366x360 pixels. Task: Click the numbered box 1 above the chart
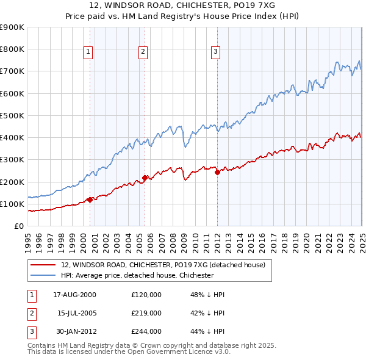pyautogui.click(x=88, y=52)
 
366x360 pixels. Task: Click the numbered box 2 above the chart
pyautogui.click(x=143, y=52)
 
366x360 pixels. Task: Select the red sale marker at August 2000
pyautogui.click(x=90, y=199)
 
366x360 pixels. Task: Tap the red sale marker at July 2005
pyautogui.click(x=145, y=178)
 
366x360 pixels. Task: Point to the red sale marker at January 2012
pyautogui.click(x=217, y=172)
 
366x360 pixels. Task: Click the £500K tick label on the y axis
pyautogui.click(x=12, y=115)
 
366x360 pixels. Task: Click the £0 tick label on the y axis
pyautogui.click(x=18, y=226)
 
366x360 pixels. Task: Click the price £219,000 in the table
pyautogui.click(x=146, y=313)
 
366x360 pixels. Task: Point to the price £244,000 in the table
pyautogui.click(x=146, y=331)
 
